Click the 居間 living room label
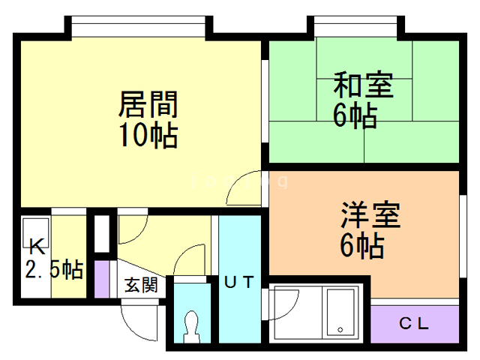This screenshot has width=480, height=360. (x=148, y=104)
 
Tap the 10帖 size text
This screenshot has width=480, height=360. (x=148, y=135)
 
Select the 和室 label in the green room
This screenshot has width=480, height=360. (x=363, y=85)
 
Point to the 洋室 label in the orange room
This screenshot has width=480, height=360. (x=370, y=214)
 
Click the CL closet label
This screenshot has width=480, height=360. (x=414, y=323)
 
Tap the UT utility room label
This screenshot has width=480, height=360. (x=239, y=282)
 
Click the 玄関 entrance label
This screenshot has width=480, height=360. (x=141, y=285)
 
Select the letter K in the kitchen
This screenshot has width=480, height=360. (x=37, y=247)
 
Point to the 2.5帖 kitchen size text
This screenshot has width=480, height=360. (x=55, y=269)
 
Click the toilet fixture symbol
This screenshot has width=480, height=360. (x=192, y=327)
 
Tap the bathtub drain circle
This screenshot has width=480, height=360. (x=340, y=330)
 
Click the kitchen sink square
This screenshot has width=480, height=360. (x=35, y=232)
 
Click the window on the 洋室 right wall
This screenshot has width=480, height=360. (x=463, y=236)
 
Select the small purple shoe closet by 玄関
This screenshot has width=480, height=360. (x=102, y=278)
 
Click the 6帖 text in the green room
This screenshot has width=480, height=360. (x=355, y=115)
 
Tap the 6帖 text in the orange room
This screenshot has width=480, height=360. (x=362, y=246)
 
